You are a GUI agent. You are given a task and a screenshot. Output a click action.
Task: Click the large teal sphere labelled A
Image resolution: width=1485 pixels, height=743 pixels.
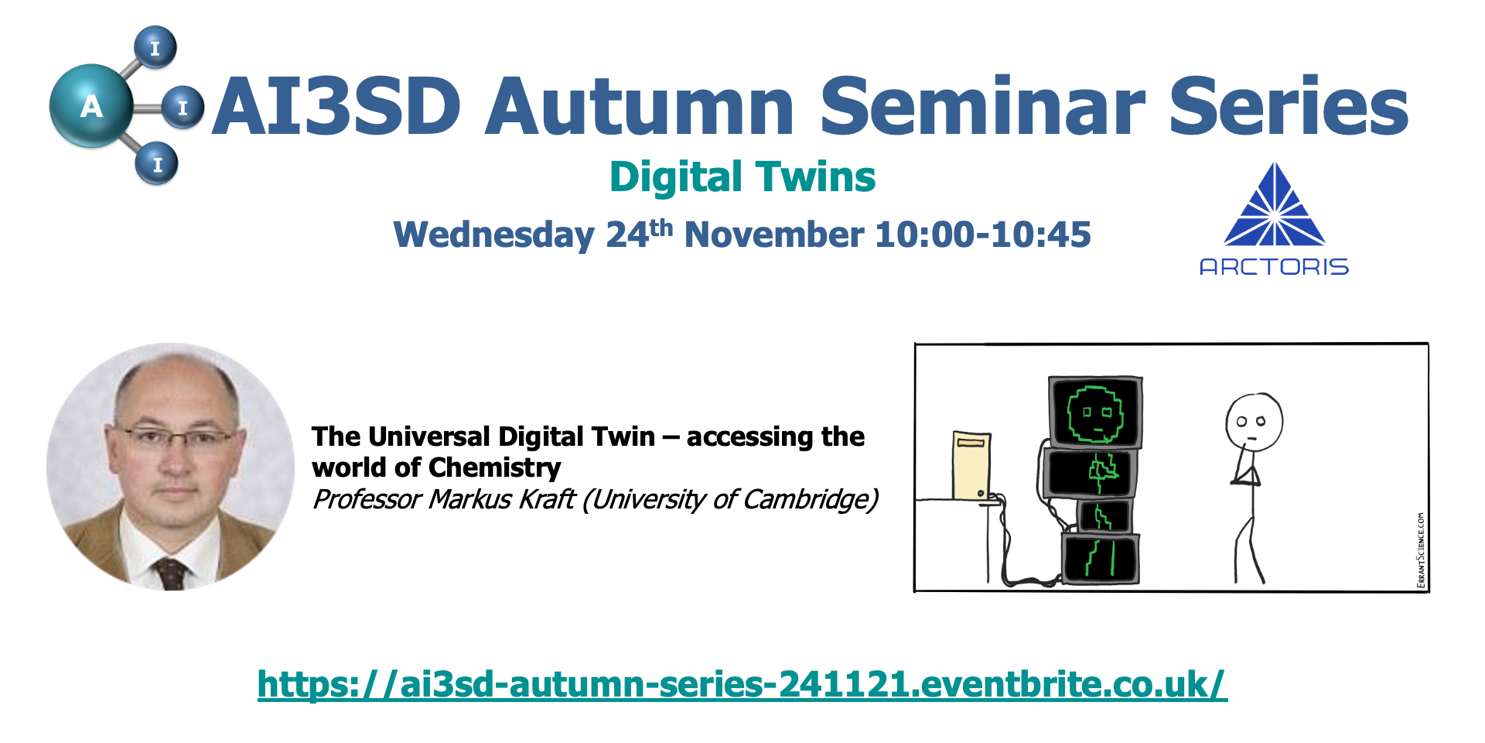coord(91,106)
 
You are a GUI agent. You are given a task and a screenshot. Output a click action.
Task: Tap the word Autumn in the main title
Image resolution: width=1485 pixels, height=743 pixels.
coord(640,106)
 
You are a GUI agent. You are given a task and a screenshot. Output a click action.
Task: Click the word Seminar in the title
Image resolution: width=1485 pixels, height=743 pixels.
coord(981,106)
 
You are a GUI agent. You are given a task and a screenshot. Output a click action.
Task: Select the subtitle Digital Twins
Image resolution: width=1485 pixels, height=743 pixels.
coord(742,177)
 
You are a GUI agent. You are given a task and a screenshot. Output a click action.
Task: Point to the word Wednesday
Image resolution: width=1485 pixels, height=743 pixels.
coord(494,235)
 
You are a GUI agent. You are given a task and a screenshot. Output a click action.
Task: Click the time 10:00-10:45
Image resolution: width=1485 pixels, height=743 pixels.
coord(982,235)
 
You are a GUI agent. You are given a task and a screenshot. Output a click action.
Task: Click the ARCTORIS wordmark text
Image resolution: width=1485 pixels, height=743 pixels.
coord(1274,267)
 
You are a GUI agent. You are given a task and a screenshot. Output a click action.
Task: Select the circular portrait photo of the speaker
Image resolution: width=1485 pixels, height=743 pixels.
coord(170,467)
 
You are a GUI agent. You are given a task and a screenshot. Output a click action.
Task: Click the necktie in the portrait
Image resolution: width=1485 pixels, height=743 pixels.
coord(170,574)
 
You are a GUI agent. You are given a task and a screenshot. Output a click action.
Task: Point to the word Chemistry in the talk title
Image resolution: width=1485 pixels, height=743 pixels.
coord(495,468)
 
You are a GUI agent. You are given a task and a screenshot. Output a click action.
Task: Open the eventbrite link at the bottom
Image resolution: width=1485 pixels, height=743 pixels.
coord(742,684)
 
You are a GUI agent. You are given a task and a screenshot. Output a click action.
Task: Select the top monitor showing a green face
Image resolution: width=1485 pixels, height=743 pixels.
coord(1095,412)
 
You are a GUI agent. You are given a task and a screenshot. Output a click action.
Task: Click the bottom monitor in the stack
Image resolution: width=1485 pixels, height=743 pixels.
coord(1100,558)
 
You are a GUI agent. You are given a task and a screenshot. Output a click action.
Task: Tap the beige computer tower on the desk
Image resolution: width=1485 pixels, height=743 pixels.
coord(972,465)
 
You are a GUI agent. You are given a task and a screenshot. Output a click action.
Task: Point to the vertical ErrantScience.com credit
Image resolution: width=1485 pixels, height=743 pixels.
coord(1421,550)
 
